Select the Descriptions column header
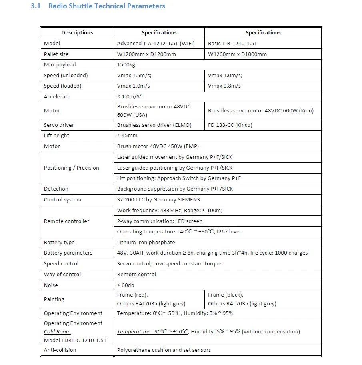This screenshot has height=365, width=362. (77, 32)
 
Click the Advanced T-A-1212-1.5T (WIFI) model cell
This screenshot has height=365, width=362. (156, 43)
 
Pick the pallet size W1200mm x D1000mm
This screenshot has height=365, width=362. (237, 54)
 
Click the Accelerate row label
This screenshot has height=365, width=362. (57, 96)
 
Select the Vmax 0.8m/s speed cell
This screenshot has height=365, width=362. (224, 86)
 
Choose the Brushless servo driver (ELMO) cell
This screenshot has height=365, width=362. (154, 125)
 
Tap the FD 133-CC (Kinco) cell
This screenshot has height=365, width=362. (230, 125)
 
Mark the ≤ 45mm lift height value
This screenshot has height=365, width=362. (127, 135)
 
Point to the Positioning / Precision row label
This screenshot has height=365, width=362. (71, 168)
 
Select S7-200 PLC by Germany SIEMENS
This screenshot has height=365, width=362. (158, 199)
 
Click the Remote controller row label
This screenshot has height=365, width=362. (66, 221)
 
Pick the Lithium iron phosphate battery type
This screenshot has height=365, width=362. (146, 242)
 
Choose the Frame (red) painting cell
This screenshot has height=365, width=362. (132, 295)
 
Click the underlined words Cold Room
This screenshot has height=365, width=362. (57, 331)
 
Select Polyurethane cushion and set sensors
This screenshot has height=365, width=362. (164, 350)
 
